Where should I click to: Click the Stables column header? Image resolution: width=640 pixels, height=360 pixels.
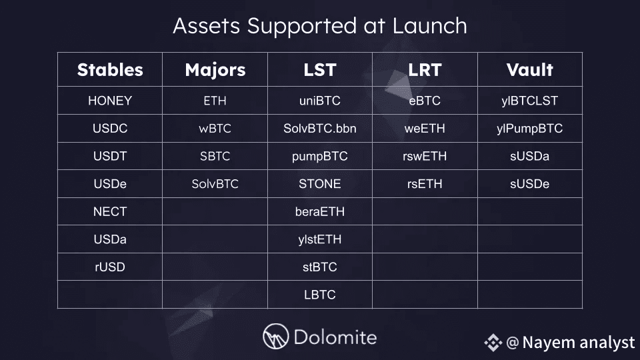click(x=110, y=70)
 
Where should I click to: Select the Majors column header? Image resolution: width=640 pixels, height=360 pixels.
click(x=215, y=70)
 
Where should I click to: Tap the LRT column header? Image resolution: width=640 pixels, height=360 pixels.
click(x=425, y=70)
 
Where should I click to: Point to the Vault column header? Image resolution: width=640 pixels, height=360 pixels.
click(x=530, y=70)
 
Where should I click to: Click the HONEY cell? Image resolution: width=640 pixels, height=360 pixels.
click(x=110, y=101)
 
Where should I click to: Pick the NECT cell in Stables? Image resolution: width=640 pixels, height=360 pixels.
click(x=110, y=211)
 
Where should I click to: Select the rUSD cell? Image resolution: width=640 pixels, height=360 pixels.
click(x=110, y=267)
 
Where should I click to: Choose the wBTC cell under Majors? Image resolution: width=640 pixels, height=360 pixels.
click(x=215, y=129)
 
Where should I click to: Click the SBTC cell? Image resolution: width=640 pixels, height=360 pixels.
click(x=215, y=156)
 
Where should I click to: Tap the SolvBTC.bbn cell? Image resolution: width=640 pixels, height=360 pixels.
click(x=320, y=129)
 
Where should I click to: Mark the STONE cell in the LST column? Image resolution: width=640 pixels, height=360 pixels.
click(x=320, y=184)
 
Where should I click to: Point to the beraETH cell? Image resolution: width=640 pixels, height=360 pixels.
click(x=320, y=211)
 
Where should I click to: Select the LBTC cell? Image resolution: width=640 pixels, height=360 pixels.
click(x=320, y=295)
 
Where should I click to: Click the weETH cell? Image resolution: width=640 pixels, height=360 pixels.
click(x=425, y=129)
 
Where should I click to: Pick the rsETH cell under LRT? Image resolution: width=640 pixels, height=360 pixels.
click(x=425, y=184)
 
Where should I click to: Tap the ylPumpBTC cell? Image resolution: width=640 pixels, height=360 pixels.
click(x=530, y=129)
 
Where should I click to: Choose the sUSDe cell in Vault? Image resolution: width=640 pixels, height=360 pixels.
click(x=530, y=184)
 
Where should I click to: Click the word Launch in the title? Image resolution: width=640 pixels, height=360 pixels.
click(x=430, y=26)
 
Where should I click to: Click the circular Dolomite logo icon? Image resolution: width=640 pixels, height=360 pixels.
click(x=275, y=336)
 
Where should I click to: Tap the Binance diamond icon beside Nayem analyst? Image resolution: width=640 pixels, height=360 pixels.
click(x=493, y=343)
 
